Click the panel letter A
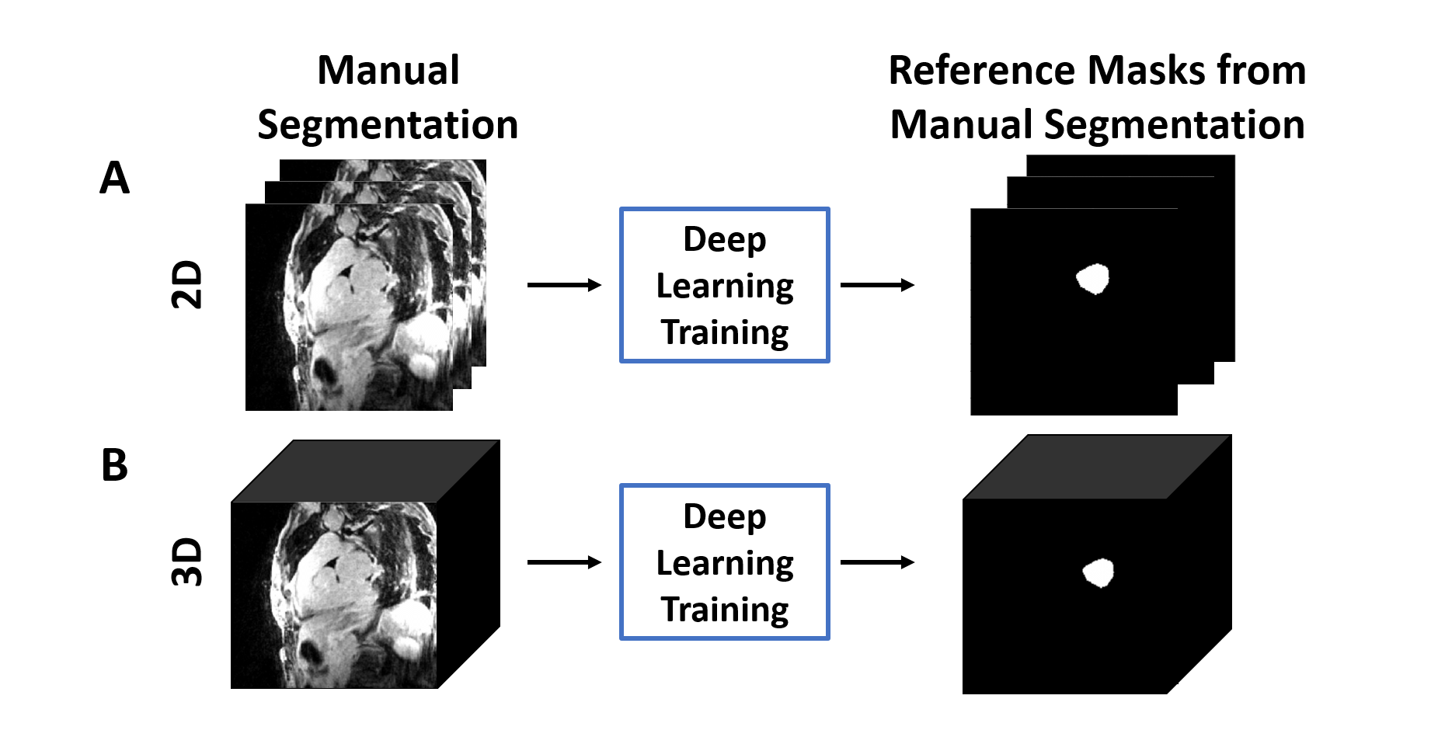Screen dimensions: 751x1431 click(114, 178)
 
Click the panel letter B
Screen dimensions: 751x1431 click(114, 465)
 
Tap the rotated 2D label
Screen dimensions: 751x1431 click(186, 285)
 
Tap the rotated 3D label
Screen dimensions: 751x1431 click(186, 562)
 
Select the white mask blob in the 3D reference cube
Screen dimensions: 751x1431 click(1098, 573)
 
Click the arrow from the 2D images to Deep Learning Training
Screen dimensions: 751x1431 click(564, 285)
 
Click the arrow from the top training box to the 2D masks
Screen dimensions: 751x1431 click(877, 285)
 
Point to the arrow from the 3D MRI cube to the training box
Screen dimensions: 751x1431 click(564, 562)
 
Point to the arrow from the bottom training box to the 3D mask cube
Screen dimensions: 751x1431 click(877, 562)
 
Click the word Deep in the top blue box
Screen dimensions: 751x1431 click(724, 240)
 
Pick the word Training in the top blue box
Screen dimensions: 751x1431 click(725, 332)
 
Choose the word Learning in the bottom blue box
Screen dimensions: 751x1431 click(725, 563)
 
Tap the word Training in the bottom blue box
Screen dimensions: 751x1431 click(725, 610)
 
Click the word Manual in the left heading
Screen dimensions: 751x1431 click(388, 71)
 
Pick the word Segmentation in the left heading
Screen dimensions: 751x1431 click(388, 125)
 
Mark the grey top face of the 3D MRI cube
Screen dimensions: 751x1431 click(365, 471)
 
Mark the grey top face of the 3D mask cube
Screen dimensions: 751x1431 click(1097, 466)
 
